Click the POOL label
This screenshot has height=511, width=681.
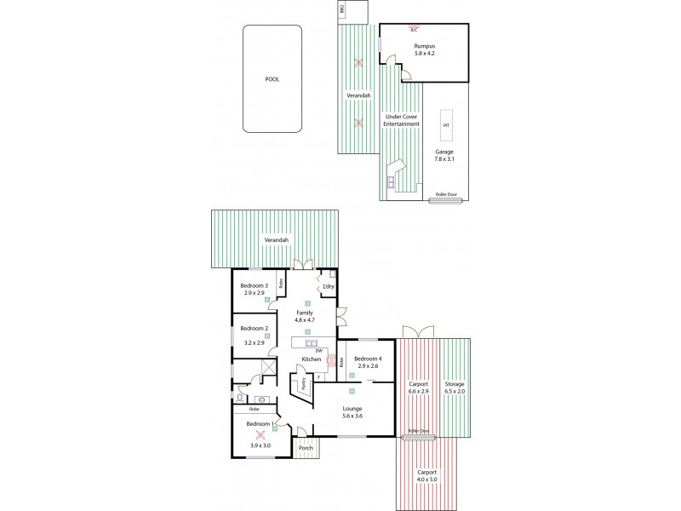[x=272, y=79]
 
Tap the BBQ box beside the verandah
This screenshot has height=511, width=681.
[x=341, y=10]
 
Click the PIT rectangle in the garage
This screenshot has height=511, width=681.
[x=446, y=125]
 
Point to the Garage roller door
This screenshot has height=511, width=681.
[x=446, y=196]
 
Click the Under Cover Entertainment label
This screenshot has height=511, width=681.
[x=402, y=120]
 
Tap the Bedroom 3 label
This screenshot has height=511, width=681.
[x=254, y=286]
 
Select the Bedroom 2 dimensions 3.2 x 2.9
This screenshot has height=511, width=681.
[x=254, y=343]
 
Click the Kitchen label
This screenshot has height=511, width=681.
[x=311, y=360]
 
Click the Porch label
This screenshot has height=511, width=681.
[x=305, y=448]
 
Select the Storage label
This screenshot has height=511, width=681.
[x=455, y=384]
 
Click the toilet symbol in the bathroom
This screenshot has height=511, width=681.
[x=242, y=397]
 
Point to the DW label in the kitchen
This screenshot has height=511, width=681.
[x=319, y=351]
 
